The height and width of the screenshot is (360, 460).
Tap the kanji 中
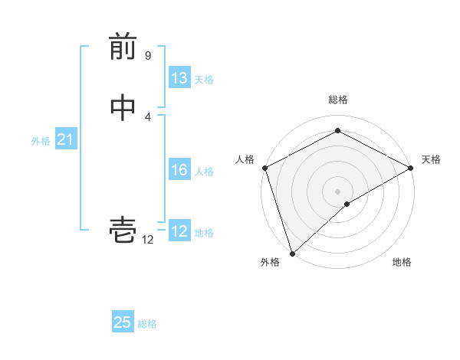pyautogui.click(x=123, y=108)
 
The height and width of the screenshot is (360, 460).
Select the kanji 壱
pyautogui.click(x=123, y=230)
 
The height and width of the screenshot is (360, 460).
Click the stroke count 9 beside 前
pyautogui.click(x=147, y=56)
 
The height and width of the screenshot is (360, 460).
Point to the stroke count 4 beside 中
pyautogui.click(x=147, y=116)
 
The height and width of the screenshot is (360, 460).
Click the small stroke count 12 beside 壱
pyautogui.click(x=147, y=239)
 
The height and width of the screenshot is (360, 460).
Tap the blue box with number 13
pyautogui.click(x=179, y=78)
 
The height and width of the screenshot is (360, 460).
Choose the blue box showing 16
pyautogui.click(x=179, y=170)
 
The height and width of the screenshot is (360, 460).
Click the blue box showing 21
pyautogui.click(x=65, y=139)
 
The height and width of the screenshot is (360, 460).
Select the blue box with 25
pyautogui.click(x=123, y=322)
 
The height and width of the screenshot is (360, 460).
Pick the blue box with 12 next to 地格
pyautogui.click(x=179, y=231)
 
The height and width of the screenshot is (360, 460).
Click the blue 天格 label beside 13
pyautogui.click(x=204, y=80)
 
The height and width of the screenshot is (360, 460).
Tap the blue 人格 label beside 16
pyautogui.click(x=204, y=172)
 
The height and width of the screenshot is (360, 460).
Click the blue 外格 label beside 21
pyautogui.click(x=41, y=141)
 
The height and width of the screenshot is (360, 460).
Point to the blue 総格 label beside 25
pyautogui.click(x=147, y=324)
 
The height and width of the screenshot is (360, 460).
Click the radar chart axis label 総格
pyautogui.click(x=337, y=100)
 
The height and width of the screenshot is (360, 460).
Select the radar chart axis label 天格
pyautogui.click(x=431, y=159)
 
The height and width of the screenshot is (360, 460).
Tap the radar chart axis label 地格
pyautogui.click(x=402, y=263)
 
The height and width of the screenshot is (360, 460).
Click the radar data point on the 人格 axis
pyautogui.click(x=264, y=168)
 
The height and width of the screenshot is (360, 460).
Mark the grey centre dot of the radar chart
pyautogui.click(x=337, y=191)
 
